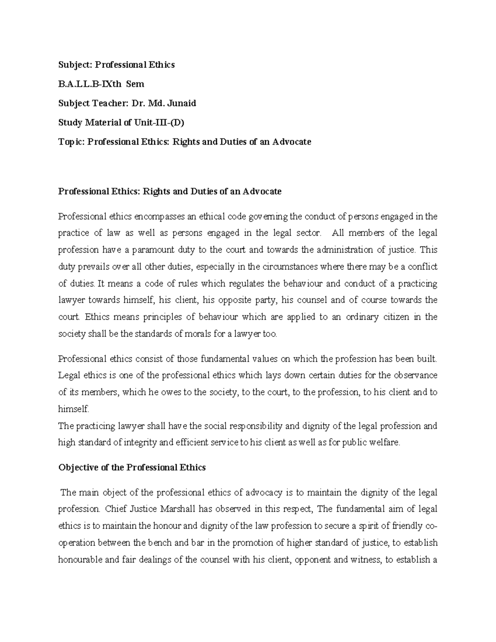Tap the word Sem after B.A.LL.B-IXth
(x=135, y=84)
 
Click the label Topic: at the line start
(x=72, y=142)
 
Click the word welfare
(x=387, y=443)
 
